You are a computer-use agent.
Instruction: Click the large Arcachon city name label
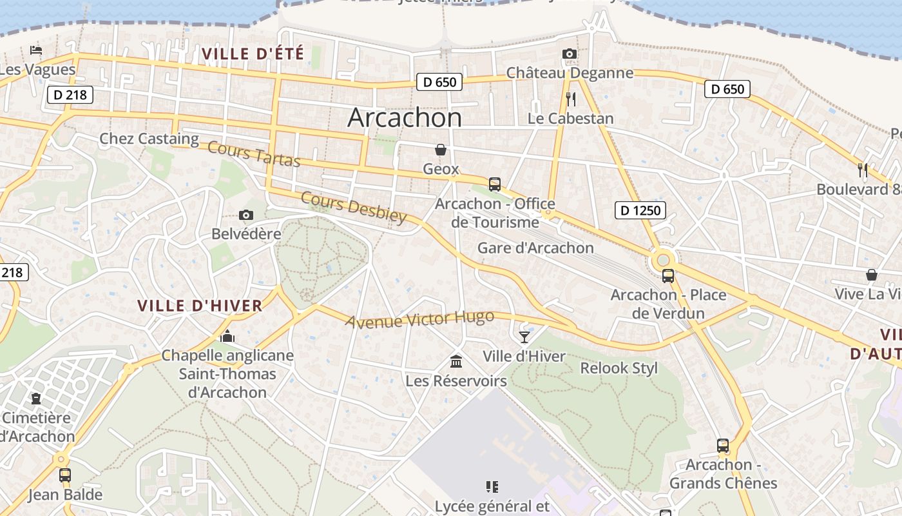pyautogui.click(x=405, y=118)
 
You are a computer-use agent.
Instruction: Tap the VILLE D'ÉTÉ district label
pyautogui.click(x=253, y=54)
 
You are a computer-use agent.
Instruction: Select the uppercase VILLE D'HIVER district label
pyautogui.click(x=200, y=306)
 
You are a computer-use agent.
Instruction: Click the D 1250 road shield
pyautogui.click(x=640, y=210)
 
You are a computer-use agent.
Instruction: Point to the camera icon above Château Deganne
pyautogui.click(x=569, y=54)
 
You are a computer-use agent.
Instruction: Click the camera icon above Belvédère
pyautogui.click(x=245, y=215)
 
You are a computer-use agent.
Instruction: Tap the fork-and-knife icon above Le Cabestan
pyautogui.click(x=570, y=99)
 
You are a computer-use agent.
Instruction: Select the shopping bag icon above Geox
pyautogui.click(x=441, y=150)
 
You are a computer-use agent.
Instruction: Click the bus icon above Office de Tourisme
pyautogui.click(x=494, y=184)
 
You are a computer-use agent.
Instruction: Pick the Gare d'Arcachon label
pyautogui.click(x=535, y=248)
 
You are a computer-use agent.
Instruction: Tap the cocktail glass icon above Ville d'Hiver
pyautogui.click(x=524, y=337)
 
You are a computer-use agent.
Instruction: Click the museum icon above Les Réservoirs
pyautogui.click(x=456, y=361)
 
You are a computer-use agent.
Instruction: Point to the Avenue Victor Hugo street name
pyautogui.click(x=419, y=319)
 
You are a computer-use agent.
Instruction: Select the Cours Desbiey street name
pyautogui.click(x=354, y=207)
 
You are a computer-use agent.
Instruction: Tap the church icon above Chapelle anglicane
pyautogui.click(x=227, y=336)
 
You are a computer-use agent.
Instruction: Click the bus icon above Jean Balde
pyautogui.click(x=65, y=475)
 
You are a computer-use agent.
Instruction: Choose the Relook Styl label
pyautogui.click(x=619, y=368)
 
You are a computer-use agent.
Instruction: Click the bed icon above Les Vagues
pyautogui.click(x=36, y=50)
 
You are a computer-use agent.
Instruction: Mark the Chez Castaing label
pyautogui.click(x=149, y=139)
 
